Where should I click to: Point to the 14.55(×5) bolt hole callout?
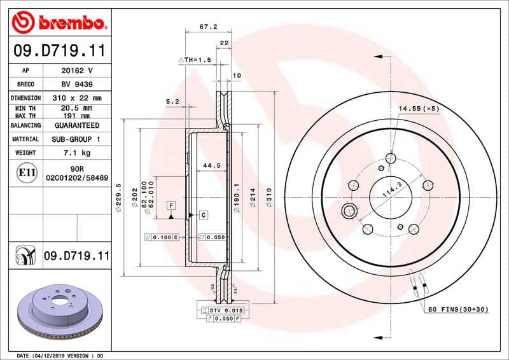point(419,109)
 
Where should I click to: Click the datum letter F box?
point(171,205)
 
